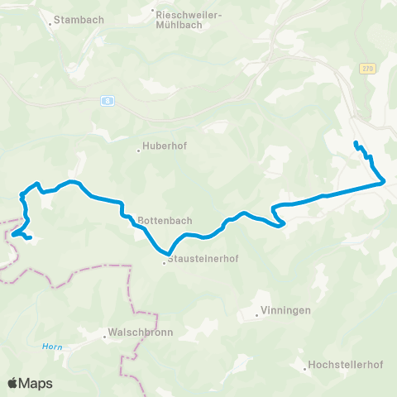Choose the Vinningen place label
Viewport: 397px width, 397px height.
[285, 311]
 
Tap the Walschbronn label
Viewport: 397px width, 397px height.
[130, 337]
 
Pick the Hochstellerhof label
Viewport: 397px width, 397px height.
[340, 365]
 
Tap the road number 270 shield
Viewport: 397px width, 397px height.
[367, 70]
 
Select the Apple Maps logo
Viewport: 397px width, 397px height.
[30, 383]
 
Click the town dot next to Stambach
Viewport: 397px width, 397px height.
[50, 22]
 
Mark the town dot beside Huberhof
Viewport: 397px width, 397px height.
[138, 151]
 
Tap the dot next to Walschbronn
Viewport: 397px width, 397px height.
[103, 337]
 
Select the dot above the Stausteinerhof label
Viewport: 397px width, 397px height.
[165, 264]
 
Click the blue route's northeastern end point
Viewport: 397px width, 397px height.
[356, 144]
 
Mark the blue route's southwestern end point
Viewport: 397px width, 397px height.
[31, 239]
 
